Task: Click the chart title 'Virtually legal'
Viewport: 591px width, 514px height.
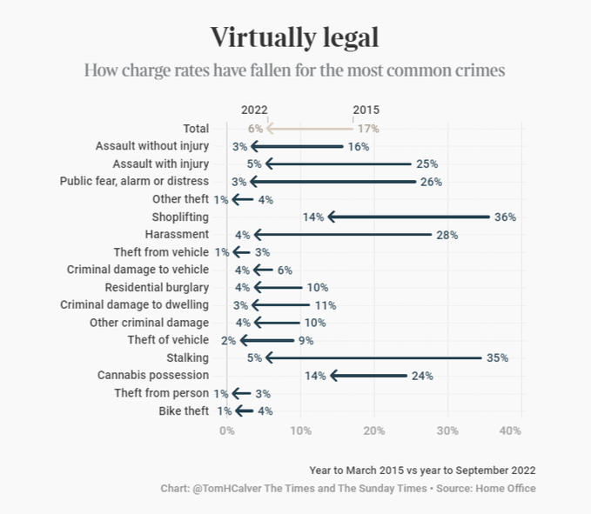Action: tap(295, 38)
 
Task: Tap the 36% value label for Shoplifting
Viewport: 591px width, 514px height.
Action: tap(506, 217)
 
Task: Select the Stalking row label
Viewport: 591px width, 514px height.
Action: tap(187, 357)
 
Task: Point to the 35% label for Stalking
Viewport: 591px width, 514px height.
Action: tap(498, 357)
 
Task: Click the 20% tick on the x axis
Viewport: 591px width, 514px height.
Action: tap(374, 431)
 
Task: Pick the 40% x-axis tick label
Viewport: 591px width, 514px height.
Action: tap(510, 431)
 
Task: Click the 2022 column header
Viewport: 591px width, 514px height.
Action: tap(254, 110)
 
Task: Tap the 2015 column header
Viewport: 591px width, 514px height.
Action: tap(366, 110)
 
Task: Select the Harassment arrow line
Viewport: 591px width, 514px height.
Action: tap(343, 234)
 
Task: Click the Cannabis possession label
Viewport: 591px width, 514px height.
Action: tap(153, 375)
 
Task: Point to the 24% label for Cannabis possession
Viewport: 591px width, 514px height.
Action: tap(422, 376)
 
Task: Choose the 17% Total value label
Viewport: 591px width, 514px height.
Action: tap(368, 129)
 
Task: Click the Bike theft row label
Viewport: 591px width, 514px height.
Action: tap(184, 411)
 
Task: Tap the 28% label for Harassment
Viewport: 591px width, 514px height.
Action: tap(447, 235)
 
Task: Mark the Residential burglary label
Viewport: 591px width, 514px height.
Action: tap(157, 287)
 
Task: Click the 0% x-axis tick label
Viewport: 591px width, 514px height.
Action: tap(226, 431)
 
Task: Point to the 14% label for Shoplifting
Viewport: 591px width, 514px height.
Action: tap(313, 217)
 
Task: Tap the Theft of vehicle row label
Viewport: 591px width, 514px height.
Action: tap(168, 340)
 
